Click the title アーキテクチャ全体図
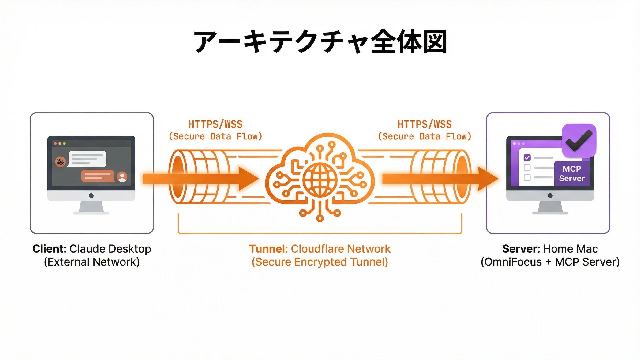point(320,42)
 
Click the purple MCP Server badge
point(571,174)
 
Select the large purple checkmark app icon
point(579,140)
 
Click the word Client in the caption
point(49,249)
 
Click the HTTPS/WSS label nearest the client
point(215,125)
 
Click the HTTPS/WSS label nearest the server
point(424,125)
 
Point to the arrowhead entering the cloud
point(248,179)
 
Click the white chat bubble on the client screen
point(87,159)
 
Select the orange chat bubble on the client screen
point(97,176)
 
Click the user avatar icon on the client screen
point(122,176)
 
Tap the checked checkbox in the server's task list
point(527,158)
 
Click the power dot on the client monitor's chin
point(91,196)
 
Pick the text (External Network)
point(92,262)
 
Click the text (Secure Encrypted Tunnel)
point(320,262)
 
